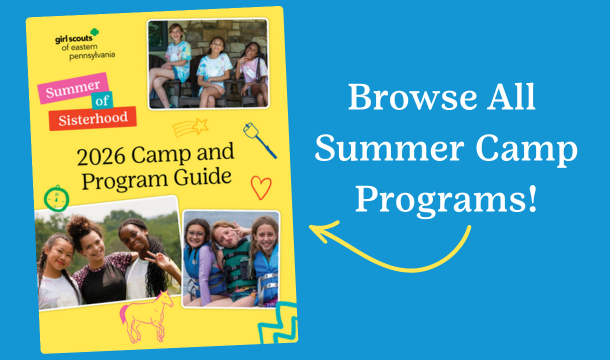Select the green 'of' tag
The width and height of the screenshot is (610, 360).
(x=100, y=103)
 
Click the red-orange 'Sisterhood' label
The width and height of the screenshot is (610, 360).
(x=91, y=119)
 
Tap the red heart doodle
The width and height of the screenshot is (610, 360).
(x=260, y=186)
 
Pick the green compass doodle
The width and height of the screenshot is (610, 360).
(x=54, y=195)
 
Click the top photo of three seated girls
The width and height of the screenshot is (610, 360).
(x=207, y=63)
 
